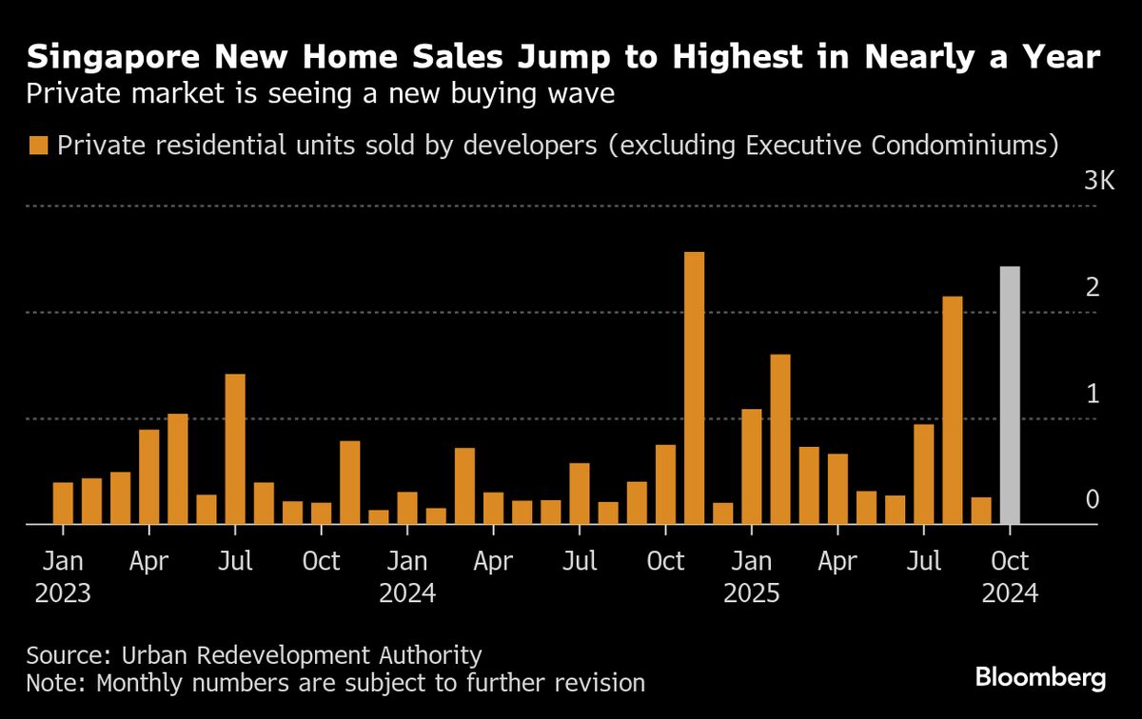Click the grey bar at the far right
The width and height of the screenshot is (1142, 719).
click(1010, 395)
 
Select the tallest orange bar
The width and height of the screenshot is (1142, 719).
click(694, 388)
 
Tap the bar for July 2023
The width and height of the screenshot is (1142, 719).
click(235, 449)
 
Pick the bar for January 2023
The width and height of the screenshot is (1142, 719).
click(63, 503)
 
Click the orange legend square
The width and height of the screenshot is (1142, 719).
click(38, 146)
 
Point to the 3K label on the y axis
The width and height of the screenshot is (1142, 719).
click(1098, 181)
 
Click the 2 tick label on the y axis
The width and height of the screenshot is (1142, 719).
click(1093, 286)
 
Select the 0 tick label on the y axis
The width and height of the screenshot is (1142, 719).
click(1093, 499)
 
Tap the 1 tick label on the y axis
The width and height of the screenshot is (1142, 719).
click(1093, 393)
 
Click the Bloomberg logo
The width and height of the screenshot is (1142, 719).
click(1040, 677)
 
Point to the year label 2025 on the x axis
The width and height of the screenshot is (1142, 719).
click(752, 594)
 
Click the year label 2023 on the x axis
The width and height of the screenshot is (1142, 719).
click(63, 594)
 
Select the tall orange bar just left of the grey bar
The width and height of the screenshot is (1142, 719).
click(953, 410)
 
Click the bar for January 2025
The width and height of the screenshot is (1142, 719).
click(752, 466)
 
